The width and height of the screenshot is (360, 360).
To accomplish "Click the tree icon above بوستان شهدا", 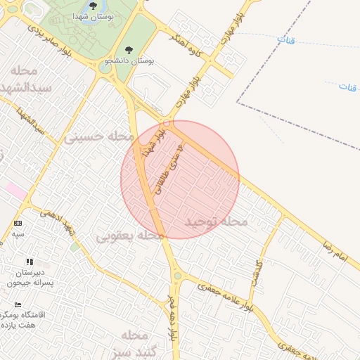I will coord(93,5).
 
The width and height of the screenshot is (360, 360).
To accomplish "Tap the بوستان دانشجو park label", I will coord(132,61).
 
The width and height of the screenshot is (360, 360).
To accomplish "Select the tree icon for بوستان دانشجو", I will coord(127,49).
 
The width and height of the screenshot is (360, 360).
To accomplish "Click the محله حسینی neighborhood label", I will coord(94,136).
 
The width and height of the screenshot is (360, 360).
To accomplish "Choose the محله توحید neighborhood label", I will coord(216,222).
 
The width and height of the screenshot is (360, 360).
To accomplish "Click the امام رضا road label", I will coord(335,251).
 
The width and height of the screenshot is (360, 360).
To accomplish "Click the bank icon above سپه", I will coord(18,223).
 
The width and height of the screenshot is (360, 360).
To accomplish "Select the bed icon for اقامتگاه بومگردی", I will coord(18,304).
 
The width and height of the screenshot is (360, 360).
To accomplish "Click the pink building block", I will coord(15,190).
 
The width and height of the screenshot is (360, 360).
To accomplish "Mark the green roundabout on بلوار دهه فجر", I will coord(177,276).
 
